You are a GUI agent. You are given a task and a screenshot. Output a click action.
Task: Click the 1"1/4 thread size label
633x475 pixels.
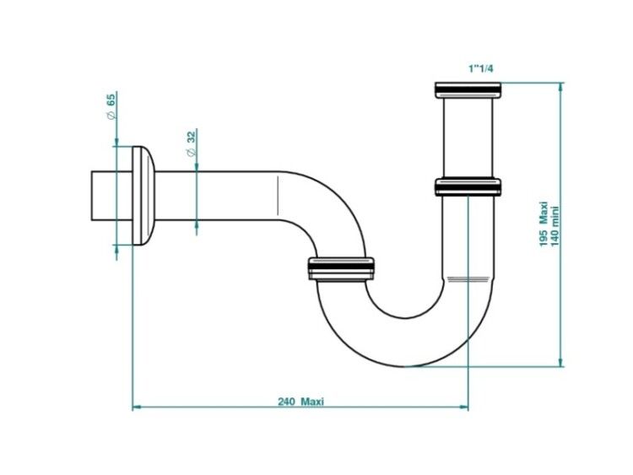(x=480, y=68)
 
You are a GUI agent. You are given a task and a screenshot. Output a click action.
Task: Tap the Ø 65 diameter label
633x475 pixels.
(x=111, y=105)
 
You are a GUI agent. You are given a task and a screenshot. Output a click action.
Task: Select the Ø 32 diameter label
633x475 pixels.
(x=191, y=143)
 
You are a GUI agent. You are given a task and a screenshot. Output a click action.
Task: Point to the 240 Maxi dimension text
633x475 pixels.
(x=300, y=402)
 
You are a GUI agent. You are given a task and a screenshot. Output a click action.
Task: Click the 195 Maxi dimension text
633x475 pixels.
(x=544, y=224)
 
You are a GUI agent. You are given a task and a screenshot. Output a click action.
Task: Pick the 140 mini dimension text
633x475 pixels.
(x=555, y=227)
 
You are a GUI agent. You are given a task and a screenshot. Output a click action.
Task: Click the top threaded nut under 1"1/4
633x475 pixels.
(x=468, y=90)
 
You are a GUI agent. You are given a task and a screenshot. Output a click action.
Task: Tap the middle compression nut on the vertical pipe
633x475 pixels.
(x=468, y=186)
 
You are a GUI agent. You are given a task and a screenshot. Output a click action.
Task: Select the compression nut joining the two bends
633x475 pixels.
(x=341, y=268)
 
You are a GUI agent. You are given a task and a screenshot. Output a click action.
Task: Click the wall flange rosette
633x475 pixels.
(x=143, y=196)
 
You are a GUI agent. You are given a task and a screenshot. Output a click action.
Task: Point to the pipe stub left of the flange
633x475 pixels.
(x=111, y=196)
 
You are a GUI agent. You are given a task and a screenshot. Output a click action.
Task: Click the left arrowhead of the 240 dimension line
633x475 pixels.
(x=137, y=408)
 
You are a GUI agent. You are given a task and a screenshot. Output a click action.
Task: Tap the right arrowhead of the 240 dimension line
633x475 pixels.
(x=464, y=408)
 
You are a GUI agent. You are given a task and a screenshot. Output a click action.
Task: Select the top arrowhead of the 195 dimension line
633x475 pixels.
(x=560, y=87)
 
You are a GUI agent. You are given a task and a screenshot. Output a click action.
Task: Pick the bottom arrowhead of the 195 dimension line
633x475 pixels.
(x=560, y=362)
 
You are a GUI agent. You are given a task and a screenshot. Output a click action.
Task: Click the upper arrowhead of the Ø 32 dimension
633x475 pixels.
(x=197, y=167)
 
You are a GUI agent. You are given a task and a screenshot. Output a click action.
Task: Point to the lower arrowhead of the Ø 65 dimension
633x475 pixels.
(x=116, y=250)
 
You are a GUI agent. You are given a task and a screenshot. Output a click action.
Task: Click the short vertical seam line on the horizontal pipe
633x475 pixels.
(x=279, y=196)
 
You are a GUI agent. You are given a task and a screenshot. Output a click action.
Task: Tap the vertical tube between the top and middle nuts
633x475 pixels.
(x=468, y=138)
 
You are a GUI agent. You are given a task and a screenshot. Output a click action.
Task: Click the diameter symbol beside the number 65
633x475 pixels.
(x=111, y=115)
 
